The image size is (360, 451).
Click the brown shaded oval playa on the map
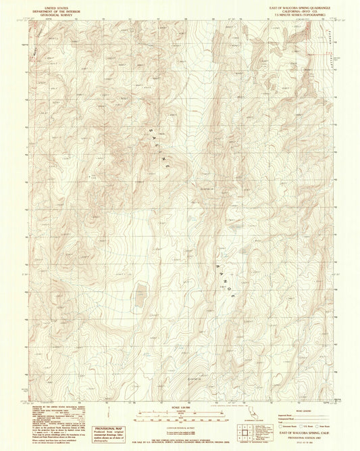[x=141, y=293]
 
